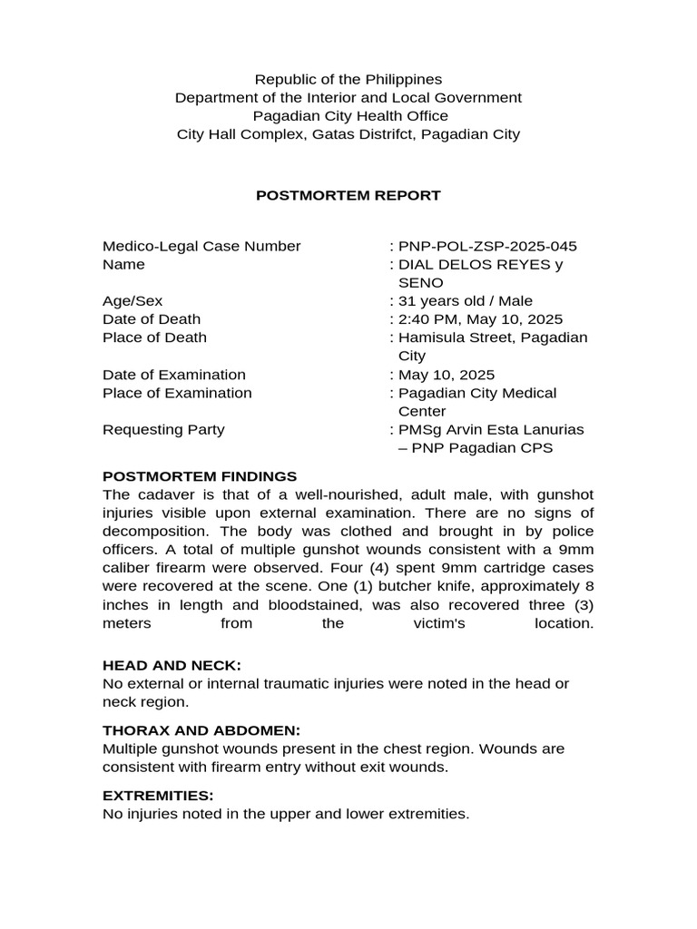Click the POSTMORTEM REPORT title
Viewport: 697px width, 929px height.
tap(348, 195)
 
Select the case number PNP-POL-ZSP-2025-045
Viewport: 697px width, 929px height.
tap(486, 246)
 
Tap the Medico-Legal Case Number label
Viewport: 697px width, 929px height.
tap(201, 246)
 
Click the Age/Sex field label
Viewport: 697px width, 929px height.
tap(133, 301)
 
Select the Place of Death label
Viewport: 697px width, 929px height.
tap(154, 337)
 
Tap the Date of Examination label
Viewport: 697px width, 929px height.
tap(174, 375)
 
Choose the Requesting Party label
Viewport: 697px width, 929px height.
tap(163, 429)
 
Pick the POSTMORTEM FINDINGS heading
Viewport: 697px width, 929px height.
tap(200, 475)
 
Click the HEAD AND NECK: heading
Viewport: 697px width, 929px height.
tap(172, 666)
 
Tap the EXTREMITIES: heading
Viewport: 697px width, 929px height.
tap(158, 796)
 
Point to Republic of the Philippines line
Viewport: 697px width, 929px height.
tap(348, 80)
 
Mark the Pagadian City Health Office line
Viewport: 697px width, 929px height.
tap(349, 116)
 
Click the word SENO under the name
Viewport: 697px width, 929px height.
tap(418, 283)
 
